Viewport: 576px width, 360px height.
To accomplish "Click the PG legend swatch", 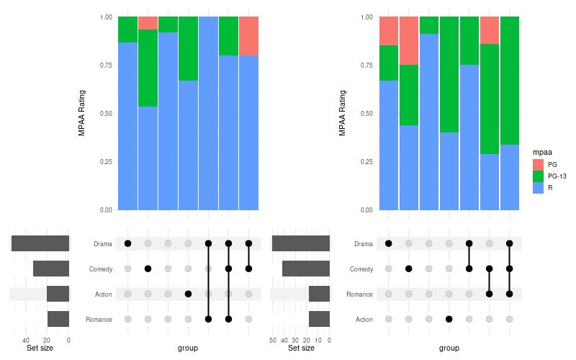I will (x=537, y=164).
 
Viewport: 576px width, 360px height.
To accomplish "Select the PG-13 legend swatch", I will (x=537, y=176).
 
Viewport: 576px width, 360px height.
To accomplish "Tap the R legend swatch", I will (x=537, y=187).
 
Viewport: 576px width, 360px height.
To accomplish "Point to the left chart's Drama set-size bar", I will (x=40, y=243).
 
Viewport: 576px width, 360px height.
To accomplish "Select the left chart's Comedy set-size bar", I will (x=51, y=269).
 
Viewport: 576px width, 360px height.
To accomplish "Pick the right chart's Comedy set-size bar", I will (x=306, y=269).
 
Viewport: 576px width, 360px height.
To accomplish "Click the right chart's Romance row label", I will (x=361, y=294).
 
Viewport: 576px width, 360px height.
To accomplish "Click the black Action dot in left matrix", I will (x=188, y=294).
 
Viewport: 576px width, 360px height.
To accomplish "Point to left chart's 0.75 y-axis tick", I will (x=106, y=65).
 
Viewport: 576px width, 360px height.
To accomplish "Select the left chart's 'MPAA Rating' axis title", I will (x=81, y=113).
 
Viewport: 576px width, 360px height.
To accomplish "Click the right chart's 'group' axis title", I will (x=449, y=348).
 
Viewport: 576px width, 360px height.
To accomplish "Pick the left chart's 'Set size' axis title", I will (x=40, y=348).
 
